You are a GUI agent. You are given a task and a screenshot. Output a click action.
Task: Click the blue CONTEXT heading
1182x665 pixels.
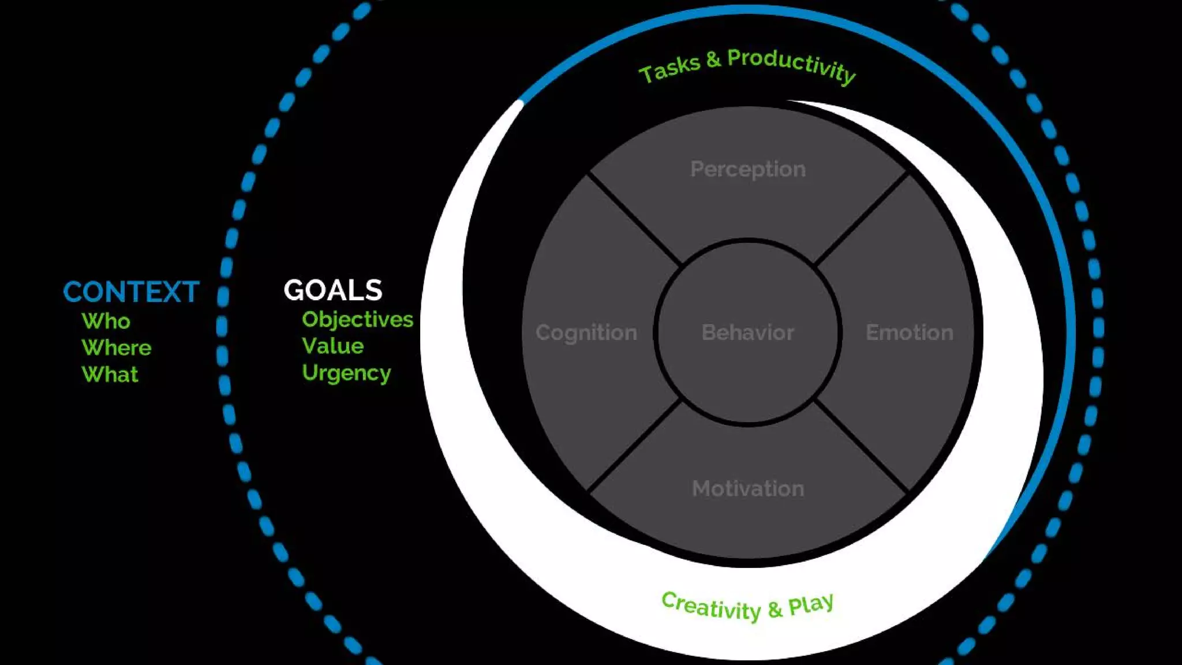[x=131, y=292]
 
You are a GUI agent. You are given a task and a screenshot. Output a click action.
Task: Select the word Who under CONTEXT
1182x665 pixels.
[x=106, y=321]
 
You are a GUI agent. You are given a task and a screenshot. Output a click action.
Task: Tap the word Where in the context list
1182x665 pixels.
[x=117, y=348]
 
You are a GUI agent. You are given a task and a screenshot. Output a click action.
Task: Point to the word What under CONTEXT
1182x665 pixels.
[x=110, y=375]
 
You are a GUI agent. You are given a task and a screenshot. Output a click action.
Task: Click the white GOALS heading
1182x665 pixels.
[x=333, y=290]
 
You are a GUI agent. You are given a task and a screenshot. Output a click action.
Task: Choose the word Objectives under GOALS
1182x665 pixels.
[x=357, y=319]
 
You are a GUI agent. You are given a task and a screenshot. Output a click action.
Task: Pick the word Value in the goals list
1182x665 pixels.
[x=333, y=346]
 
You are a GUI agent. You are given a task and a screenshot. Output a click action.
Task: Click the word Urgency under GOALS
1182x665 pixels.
[x=346, y=373]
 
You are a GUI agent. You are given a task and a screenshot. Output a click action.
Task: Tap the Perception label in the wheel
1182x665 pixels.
[x=748, y=169]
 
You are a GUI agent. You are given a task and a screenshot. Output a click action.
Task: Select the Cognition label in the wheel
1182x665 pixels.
[x=586, y=332]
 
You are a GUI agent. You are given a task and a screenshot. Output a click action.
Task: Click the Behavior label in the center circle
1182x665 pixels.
[x=748, y=332]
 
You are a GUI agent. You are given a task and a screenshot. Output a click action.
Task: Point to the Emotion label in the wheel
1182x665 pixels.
[x=910, y=332]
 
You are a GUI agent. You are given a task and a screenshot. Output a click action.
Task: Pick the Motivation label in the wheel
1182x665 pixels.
[x=748, y=488]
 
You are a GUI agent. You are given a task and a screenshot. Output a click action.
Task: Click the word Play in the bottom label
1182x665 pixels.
[x=811, y=604]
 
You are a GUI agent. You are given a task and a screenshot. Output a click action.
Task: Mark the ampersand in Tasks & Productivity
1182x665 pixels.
[x=713, y=59]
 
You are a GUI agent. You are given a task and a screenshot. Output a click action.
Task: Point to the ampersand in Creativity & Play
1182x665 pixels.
[x=775, y=610]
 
